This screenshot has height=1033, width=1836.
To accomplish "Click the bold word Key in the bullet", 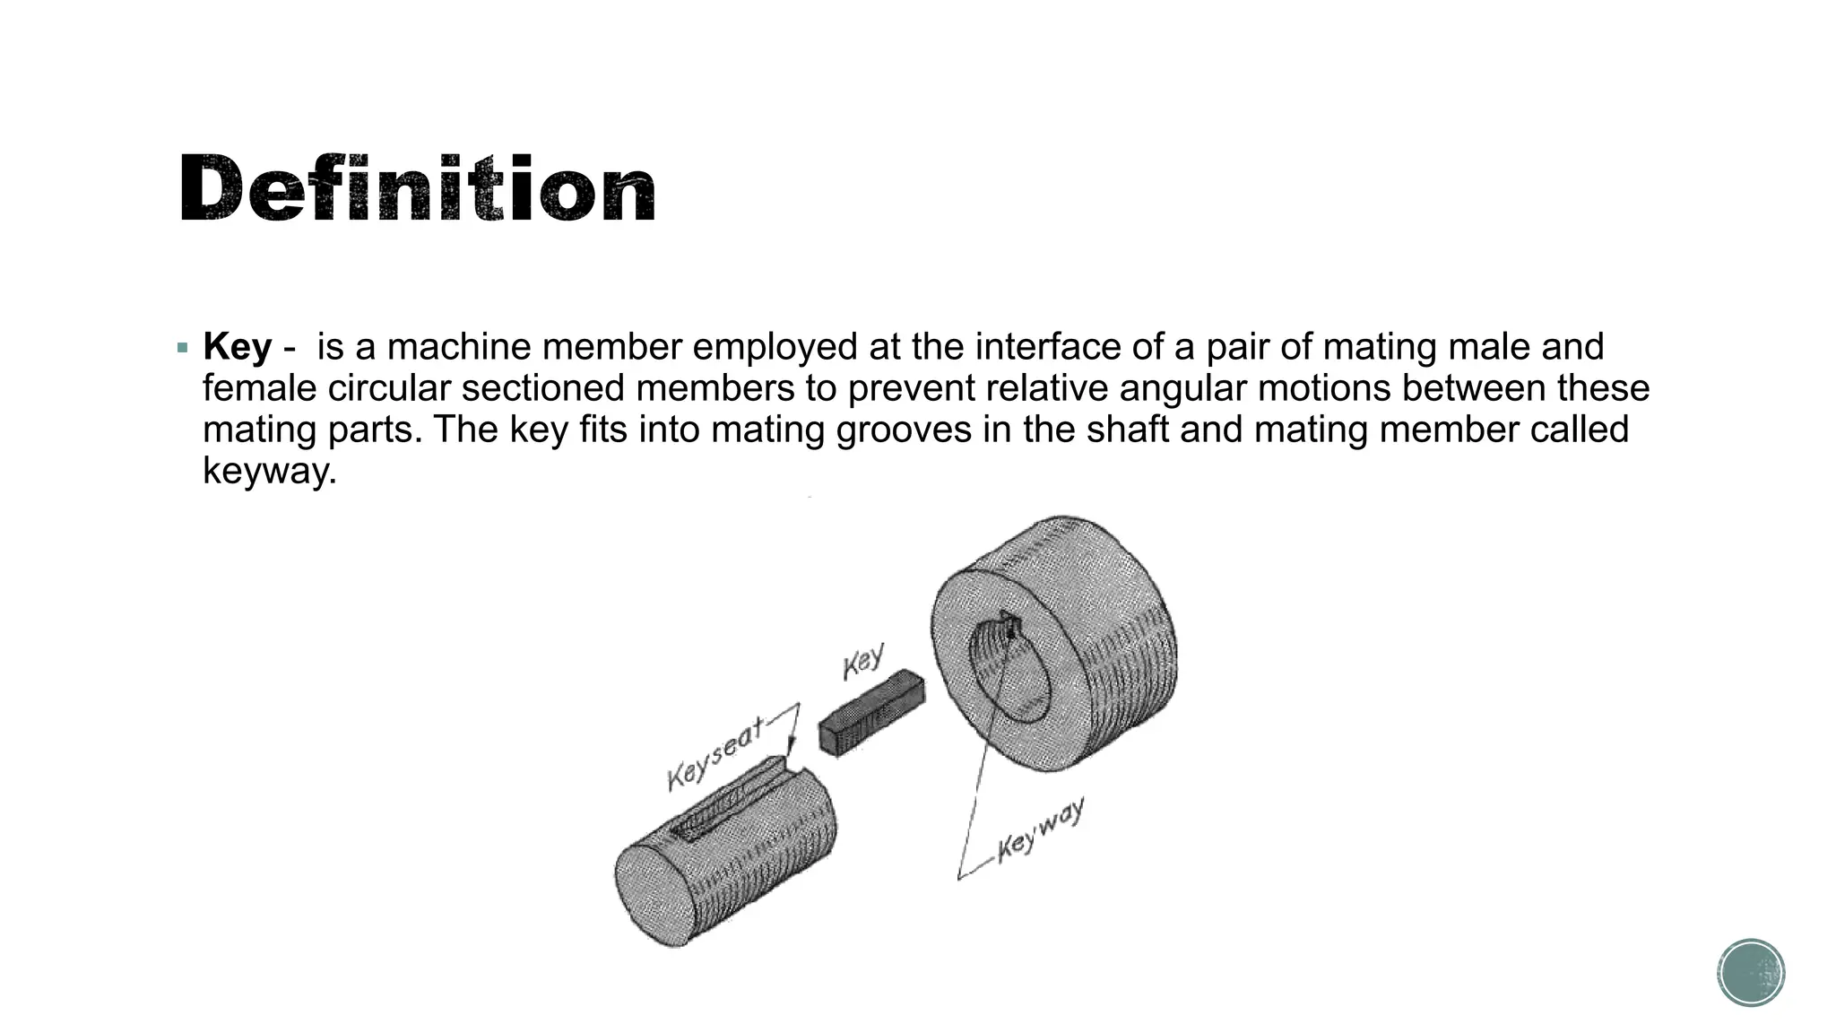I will point(237,347).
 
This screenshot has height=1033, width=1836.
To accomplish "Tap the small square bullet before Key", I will point(183,347).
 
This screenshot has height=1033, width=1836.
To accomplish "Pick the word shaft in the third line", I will point(1127,430).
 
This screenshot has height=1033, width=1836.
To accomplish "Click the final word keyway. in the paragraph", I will point(269,471).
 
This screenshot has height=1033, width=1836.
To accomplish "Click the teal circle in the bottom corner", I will point(1751,972).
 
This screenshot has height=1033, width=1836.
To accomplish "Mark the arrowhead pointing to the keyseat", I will point(790,750).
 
